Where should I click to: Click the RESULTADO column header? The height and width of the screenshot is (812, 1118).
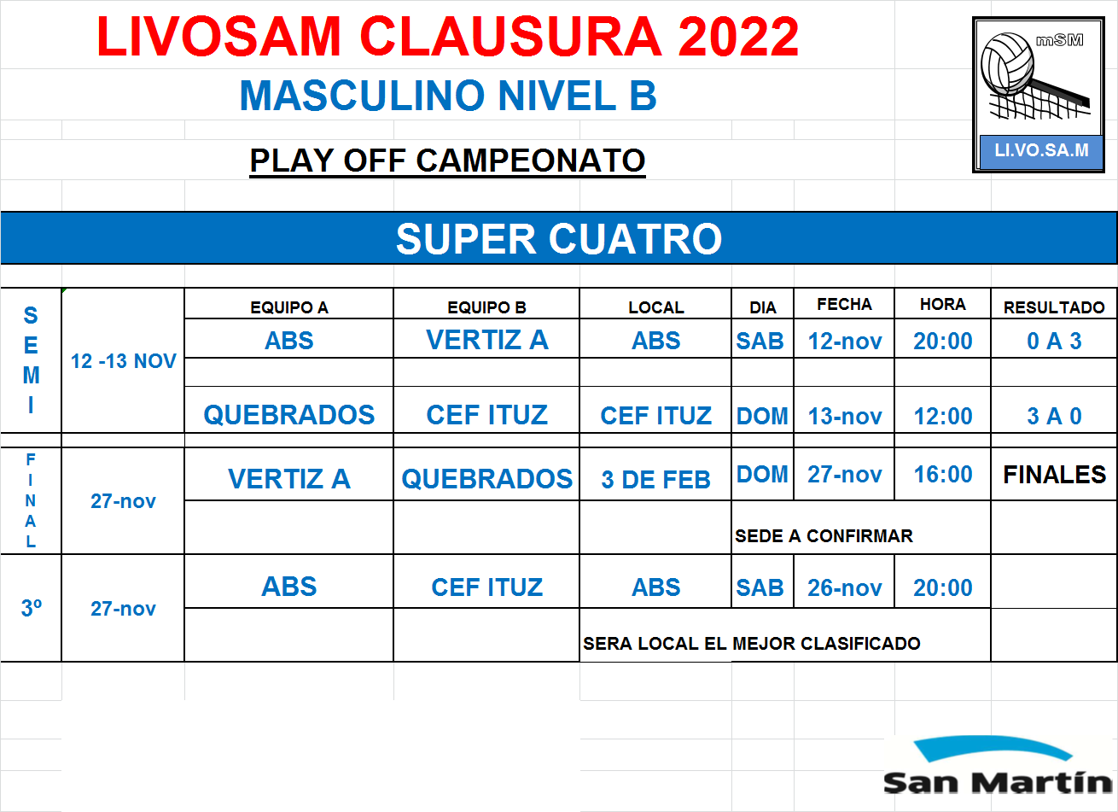pos(1054,307)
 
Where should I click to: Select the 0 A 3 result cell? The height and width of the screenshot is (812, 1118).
pos(1054,341)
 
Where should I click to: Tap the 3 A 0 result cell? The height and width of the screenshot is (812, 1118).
pos(1054,416)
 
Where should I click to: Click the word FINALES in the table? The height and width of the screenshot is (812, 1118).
pos(1055,475)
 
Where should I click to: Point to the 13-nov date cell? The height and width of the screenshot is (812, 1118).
pos(845,416)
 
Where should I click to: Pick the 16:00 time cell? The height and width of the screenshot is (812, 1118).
pos(943,474)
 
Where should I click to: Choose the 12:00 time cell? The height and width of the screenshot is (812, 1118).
pos(943,416)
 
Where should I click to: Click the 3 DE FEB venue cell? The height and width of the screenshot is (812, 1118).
pos(655,479)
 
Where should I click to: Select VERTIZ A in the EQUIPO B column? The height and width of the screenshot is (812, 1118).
pos(487,340)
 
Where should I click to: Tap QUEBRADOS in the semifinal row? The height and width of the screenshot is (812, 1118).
pos(289,415)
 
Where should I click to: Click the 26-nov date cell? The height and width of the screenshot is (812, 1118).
pos(845,587)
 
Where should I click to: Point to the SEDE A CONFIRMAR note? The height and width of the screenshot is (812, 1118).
pos(824,536)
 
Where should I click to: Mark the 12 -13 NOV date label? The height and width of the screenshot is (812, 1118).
pos(123,361)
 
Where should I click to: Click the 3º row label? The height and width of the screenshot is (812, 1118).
pos(31,608)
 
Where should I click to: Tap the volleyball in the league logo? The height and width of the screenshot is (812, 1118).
pos(1007,63)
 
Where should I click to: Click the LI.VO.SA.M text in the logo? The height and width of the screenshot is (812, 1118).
pos(1042,150)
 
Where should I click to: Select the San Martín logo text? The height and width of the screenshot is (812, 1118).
pos(998,782)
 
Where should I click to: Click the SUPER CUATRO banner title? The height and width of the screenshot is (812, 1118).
pos(559,239)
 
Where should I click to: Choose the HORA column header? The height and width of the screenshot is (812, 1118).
pos(943,304)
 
